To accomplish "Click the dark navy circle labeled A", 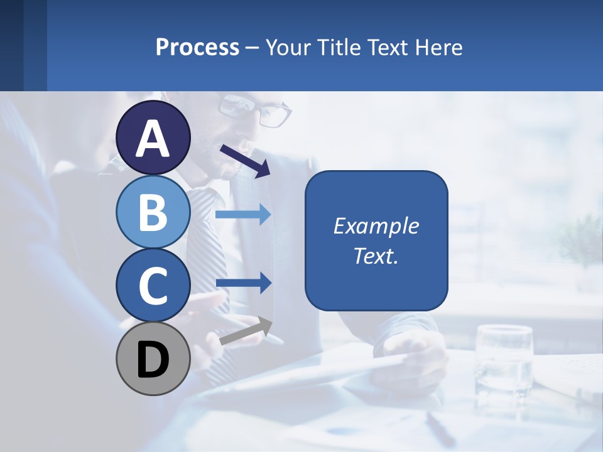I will (x=153, y=137).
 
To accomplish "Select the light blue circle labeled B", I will (x=153, y=212).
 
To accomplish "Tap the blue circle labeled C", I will (x=153, y=285).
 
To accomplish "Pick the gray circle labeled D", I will (x=153, y=359).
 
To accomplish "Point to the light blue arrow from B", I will (x=243, y=215).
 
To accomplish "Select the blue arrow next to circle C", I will (x=243, y=283).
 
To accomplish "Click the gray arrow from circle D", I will (x=246, y=331).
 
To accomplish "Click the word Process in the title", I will (x=197, y=47).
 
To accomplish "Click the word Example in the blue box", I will (x=376, y=226).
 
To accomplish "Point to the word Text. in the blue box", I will (x=376, y=256).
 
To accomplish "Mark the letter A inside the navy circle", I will (x=153, y=138).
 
